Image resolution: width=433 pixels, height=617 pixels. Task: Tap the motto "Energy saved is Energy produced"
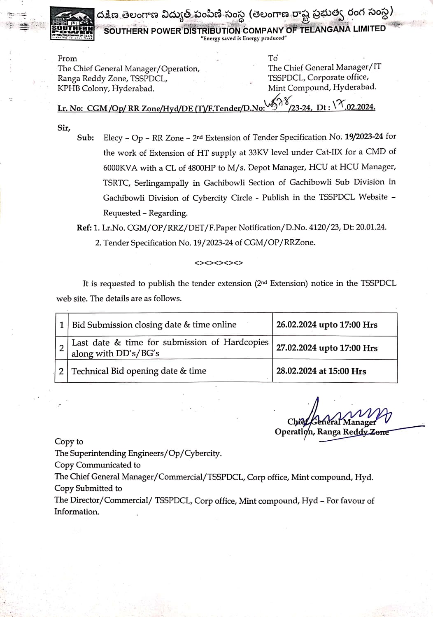point(243,38)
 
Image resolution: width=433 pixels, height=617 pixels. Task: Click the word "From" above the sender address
point(67,58)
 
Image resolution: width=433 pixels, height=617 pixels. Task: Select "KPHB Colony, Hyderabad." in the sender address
point(106,89)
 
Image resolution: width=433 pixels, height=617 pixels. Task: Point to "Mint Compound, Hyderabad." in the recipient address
point(322,87)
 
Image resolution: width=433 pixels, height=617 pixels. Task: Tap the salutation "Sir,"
point(64,128)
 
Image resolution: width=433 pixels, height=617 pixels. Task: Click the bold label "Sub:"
point(85,138)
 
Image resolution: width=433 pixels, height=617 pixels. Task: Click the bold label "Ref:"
point(84,228)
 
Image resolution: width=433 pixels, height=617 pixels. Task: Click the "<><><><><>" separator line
point(219,263)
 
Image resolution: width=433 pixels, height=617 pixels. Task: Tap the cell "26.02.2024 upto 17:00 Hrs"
point(326,325)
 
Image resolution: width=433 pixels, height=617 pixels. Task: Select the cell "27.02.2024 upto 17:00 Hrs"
point(326,348)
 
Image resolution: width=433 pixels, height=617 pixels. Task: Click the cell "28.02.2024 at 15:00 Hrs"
point(321,371)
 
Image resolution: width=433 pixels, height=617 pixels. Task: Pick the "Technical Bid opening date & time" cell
point(139,371)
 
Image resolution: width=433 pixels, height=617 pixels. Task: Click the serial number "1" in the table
point(61,325)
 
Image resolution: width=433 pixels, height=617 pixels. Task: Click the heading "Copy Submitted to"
point(88,488)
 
